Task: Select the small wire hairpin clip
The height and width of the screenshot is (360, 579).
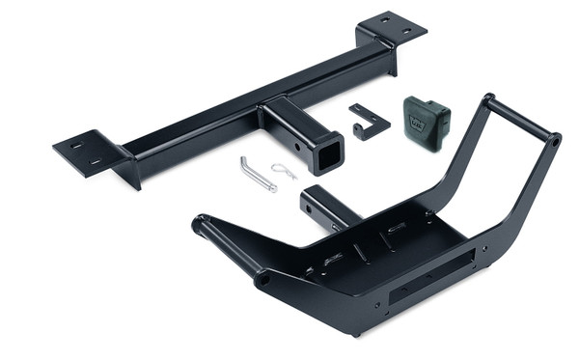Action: click(284, 171)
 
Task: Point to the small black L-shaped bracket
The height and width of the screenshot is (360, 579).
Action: click(368, 122)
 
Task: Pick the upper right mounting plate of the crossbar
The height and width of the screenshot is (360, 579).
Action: click(394, 27)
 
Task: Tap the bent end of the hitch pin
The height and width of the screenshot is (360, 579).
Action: click(245, 162)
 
